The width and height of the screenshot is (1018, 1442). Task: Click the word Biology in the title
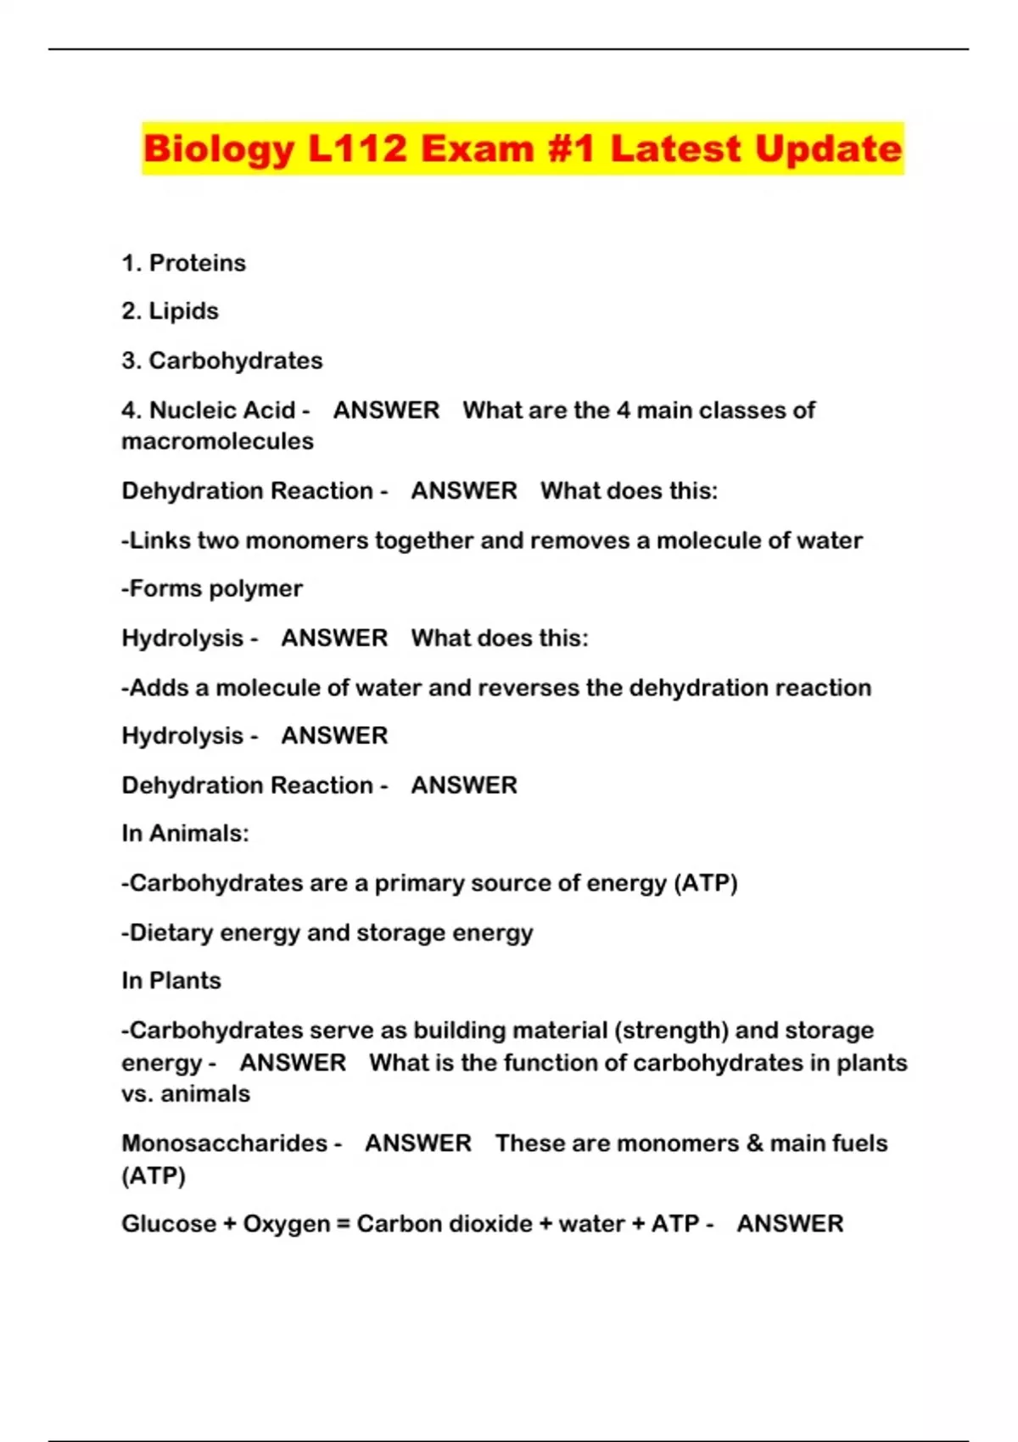(219, 149)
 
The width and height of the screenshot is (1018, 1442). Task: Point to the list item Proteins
(197, 263)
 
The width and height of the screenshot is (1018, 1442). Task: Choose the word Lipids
(183, 311)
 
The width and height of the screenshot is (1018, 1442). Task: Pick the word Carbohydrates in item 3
(236, 360)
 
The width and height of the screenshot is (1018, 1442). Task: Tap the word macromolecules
(217, 441)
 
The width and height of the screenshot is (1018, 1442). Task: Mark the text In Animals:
(185, 834)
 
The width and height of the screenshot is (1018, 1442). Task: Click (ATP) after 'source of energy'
(706, 883)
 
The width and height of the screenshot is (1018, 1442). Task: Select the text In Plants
(171, 981)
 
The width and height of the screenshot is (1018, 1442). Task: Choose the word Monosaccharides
(224, 1143)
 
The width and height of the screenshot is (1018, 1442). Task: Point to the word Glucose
(169, 1224)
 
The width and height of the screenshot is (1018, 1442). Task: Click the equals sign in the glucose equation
(343, 1224)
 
